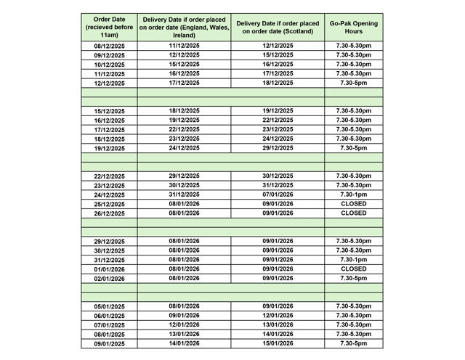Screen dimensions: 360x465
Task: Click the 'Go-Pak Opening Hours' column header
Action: coord(353,28)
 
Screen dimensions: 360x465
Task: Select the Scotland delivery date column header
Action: coord(278,28)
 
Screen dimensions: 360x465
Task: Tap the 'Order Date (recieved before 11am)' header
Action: coord(109,28)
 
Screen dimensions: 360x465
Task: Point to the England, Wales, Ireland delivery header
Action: coord(184,28)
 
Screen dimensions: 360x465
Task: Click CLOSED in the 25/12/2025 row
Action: coord(353,204)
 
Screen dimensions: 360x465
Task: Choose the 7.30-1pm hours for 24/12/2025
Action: coord(353,195)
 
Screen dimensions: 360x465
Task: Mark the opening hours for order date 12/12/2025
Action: coord(353,83)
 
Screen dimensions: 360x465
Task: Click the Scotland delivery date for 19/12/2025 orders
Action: coord(278,148)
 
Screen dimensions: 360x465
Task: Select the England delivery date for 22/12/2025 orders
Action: coord(184,176)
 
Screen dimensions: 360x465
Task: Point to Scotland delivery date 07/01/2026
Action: coord(278,195)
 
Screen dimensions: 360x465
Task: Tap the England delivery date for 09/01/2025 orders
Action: coord(184,343)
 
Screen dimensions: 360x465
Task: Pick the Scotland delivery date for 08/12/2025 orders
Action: coord(278,46)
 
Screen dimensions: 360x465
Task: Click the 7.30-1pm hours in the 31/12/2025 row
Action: coord(353,260)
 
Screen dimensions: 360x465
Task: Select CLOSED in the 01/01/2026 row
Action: coord(353,269)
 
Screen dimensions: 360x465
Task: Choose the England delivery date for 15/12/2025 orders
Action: coord(184,110)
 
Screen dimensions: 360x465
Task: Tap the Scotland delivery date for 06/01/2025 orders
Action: coord(278,316)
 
